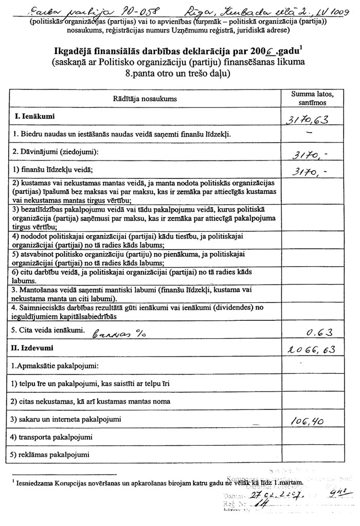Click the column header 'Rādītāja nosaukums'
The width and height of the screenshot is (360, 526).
click(146, 98)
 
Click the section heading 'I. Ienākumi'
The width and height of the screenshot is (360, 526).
click(35, 117)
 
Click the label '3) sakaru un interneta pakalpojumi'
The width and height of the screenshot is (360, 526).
click(67, 420)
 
